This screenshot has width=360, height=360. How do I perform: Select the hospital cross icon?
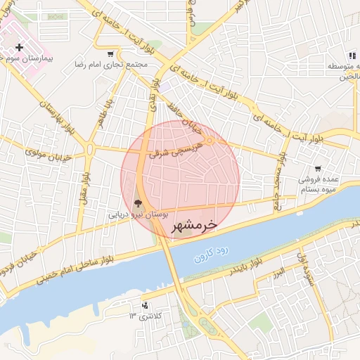[x=19, y=48]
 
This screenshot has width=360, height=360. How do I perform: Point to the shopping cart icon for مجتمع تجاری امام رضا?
[x=110, y=53]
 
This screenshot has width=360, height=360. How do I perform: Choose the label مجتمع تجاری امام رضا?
[x=110, y=65]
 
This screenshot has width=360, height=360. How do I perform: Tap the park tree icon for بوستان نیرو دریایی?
[x=136, y=203]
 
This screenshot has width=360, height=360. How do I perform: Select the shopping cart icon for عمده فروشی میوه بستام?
[x=318, y=168]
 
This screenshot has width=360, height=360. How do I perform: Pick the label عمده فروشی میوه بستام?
[x=318, y=184]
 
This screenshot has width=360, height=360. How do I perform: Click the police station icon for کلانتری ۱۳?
[x=144, y=305]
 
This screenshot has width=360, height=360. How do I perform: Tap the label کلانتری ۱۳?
[x=144, y=316]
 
